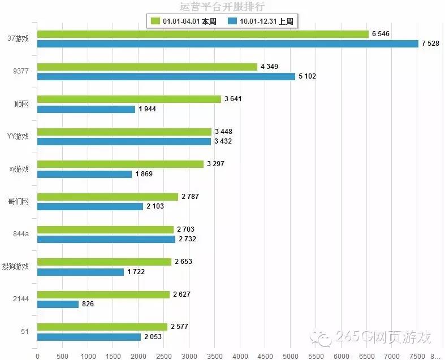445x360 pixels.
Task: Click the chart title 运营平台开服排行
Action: pos(222,7)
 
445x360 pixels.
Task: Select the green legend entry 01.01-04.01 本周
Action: pos(181,21)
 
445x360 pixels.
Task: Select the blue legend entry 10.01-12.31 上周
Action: pos(263,21)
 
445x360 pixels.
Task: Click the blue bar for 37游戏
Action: pos(227,44)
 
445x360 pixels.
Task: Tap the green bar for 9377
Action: pos(147,67)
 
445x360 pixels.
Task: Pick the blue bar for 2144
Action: pos(58,304)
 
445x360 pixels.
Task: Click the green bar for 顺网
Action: pos(129,99)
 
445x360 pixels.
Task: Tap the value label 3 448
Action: pos(223,132)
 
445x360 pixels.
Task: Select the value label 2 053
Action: pos(153,337)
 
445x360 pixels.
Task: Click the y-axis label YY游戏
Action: pos(18,136)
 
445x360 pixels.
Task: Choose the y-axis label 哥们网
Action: pos(19,201)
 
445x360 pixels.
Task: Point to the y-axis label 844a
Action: pos(21,234)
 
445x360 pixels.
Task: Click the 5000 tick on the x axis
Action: pos(290,355)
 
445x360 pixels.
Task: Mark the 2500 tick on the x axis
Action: pos(163,355)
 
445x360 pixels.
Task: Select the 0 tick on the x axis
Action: pos(37,355)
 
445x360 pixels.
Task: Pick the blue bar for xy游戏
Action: pos(84,174)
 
